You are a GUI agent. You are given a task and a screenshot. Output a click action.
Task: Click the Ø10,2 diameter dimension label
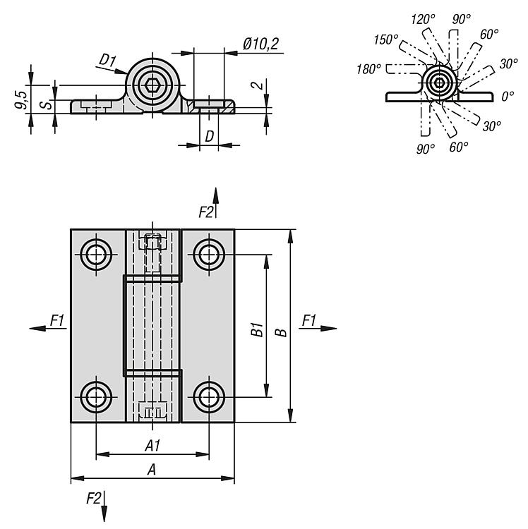pyautogui.click(x=260, y=44)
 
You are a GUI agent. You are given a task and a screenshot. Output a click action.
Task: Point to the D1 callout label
pyautogui.click(x=107, y=61)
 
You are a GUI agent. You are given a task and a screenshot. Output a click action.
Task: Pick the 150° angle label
pyautogui.click(x=386, y=39)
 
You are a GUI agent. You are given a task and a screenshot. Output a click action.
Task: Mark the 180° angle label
pyautogui.click(x=369, y=68)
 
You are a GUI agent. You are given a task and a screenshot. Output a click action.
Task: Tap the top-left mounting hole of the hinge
pyautogui.click(x=96, y=254)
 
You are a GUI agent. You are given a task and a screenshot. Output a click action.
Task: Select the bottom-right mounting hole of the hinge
pyautogui.click(x=209, y=397)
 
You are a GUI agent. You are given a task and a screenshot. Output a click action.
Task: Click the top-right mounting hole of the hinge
pyautogui.click(x=209, y=254)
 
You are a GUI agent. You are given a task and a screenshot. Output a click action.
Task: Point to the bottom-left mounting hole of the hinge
pyautogui.click(x=96, y=397)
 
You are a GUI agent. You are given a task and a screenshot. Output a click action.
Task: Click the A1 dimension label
pyautogui.click(x=152, y=446)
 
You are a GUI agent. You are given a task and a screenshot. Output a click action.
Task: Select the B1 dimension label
pyautogui.click(x=257, y=329)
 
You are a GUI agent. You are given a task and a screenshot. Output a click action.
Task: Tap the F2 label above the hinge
pyautogui.click(x=206, y=212)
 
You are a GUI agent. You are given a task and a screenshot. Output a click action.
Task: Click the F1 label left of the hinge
pyautogui.click(x=57, y=321)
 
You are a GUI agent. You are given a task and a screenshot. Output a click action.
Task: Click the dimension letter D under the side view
pyautogui.click(x=209, y=136)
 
